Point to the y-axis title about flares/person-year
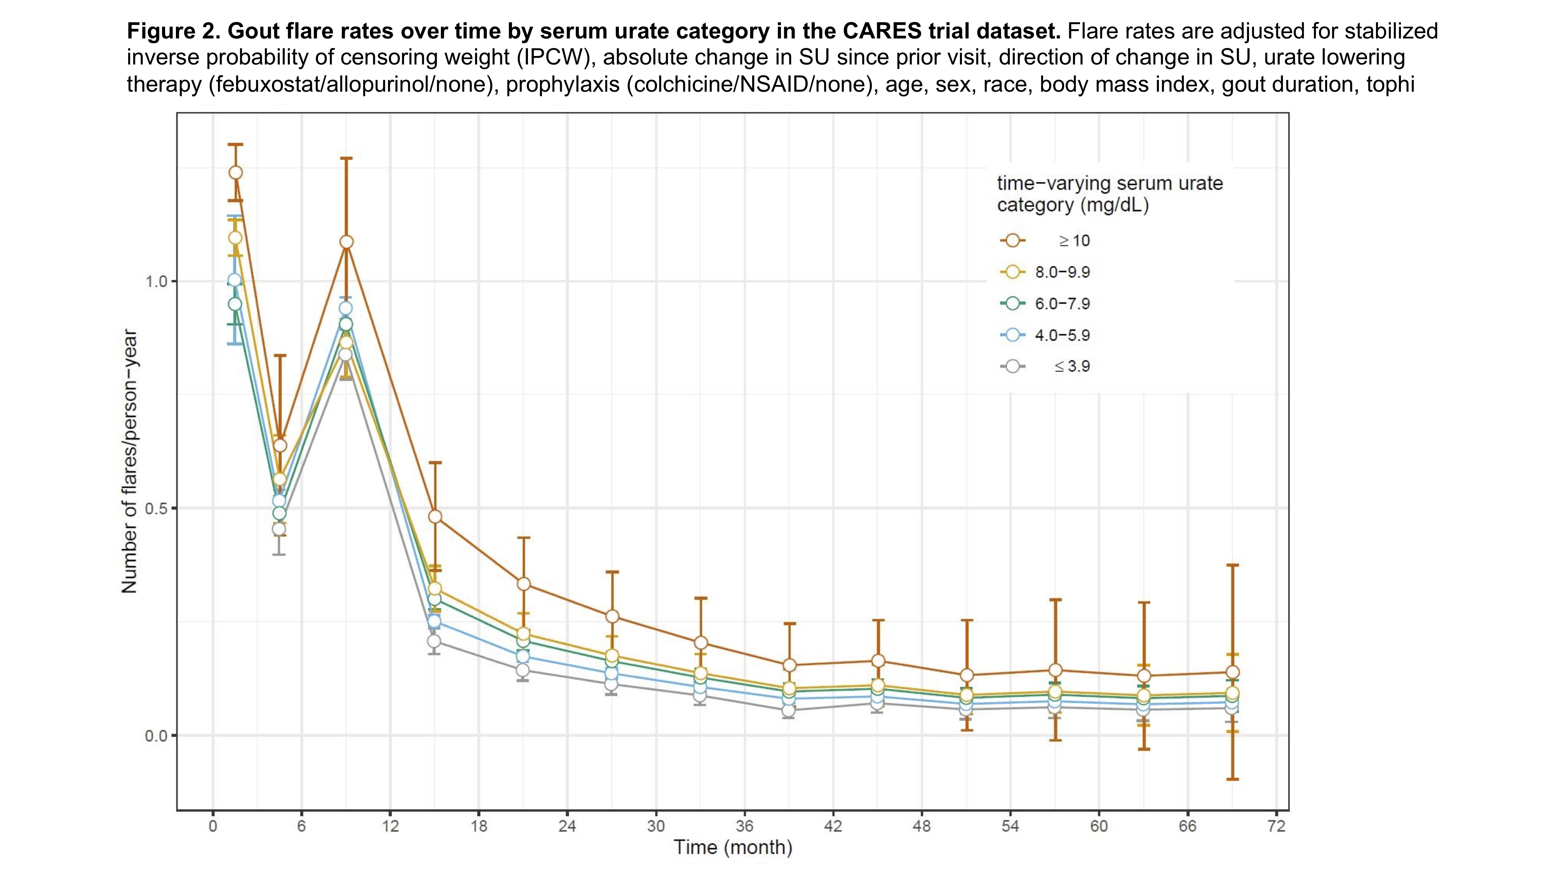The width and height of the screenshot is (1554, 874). tap(130, 461)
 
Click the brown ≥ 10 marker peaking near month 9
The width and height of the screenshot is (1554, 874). tap(346, 242)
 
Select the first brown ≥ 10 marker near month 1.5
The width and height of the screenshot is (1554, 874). tap(235, 172)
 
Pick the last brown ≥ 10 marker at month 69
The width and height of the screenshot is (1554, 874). tap(1232, 672)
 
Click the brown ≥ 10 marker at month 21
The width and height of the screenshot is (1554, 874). tap(524, 584)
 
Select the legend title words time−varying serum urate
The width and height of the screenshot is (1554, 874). tap(1110, 183)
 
